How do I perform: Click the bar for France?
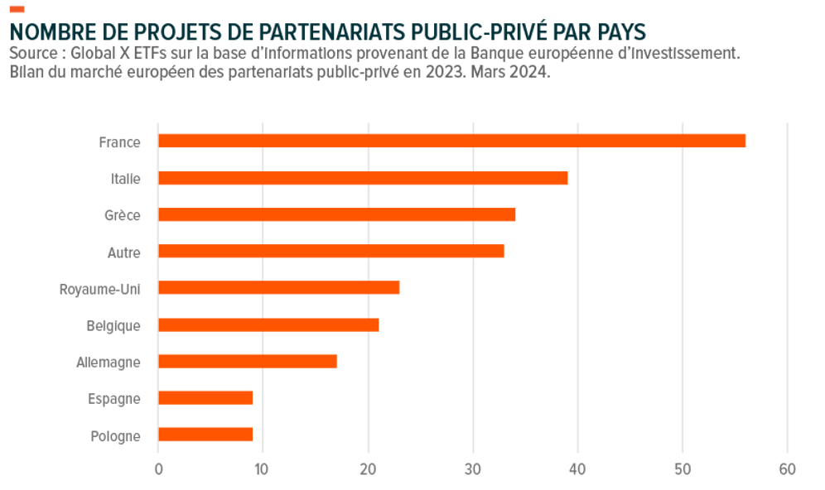click(x=451, y=141)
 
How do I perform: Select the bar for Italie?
click(x=363, y=178)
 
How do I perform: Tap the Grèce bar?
click(x=336, y=214)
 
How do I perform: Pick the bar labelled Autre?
click(x=330, y=251)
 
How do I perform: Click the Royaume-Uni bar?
click(x=278, y=287)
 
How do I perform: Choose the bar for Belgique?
click(x=268, y=324)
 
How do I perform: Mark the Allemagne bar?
click(x=247, y=361)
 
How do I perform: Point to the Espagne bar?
click(x=205, y=397)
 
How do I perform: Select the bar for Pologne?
click(x=205, y=434)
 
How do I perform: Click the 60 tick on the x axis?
click(x=787, y=469)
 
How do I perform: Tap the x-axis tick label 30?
click(x=472, y=469)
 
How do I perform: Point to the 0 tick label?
click(x=158, y=469)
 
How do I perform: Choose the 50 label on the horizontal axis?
click(x=682, y=469)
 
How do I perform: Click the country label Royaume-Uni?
click(x=99, y=289)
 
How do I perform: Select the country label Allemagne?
click(x=108, y=363)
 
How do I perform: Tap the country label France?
click(x=119, y=142)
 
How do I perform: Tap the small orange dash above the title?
click(x=17, y=9)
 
